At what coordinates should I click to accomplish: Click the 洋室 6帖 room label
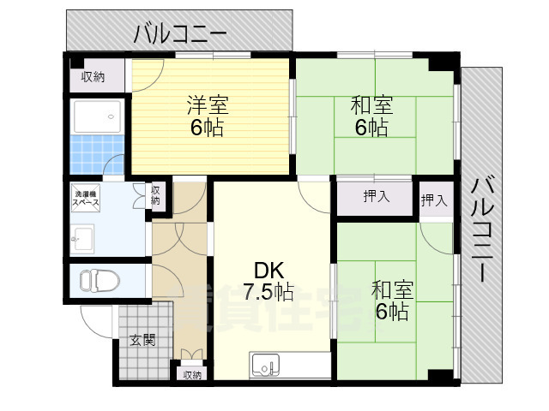click(x=207, y=116)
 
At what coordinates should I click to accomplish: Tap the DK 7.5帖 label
click(x=268, y=279)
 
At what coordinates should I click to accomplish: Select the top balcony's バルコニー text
click(x=179, y=34)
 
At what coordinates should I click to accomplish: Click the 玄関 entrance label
click(x=142, y=339)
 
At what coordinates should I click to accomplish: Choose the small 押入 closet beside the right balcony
click(x=434, y=200)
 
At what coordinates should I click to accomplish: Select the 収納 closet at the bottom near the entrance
click(x=191, y=374)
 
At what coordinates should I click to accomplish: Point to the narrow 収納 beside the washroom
click(x=156, y=195)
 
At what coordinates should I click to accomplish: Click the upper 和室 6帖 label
click(x=372, y=116)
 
